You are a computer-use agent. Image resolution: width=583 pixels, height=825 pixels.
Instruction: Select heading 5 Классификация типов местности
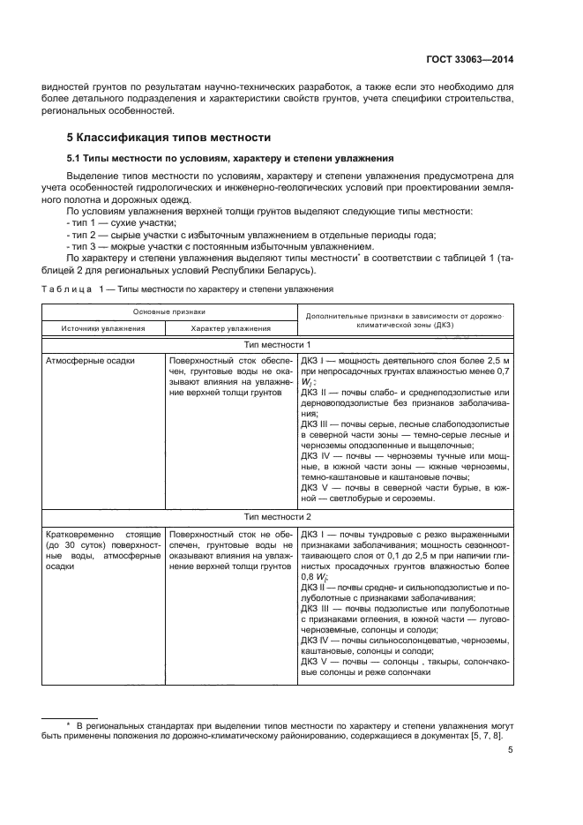(x=168, y=138)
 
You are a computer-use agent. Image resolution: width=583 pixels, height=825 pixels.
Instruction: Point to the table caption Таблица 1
(x=73, y=289)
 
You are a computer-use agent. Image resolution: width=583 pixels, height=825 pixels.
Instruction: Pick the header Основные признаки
(x=169, y=311)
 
